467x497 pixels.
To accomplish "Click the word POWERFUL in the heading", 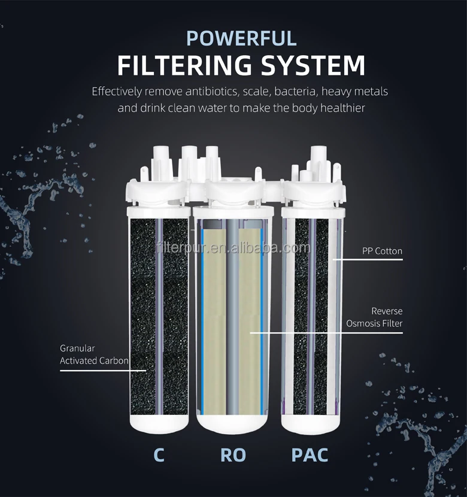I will point(241,38).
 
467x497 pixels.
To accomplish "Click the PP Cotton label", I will point(383,251).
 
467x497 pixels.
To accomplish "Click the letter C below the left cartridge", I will point(159,454).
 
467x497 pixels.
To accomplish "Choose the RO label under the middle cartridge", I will point(233,454).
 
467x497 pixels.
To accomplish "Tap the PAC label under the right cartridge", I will point(309,454).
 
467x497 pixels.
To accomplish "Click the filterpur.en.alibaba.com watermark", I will point(232,247).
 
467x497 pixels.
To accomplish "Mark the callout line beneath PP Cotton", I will point(368,260).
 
